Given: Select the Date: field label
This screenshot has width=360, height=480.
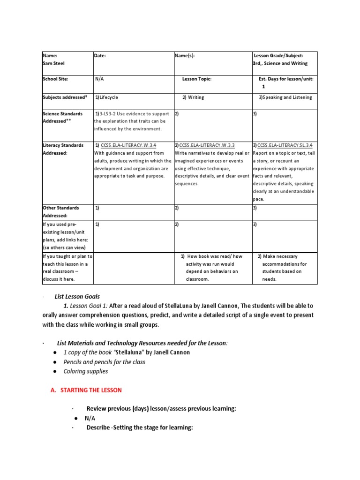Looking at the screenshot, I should [100, 55].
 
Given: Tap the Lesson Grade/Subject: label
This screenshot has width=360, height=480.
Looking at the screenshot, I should [280, 55].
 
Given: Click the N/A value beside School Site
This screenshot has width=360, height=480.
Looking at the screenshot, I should [99, 79].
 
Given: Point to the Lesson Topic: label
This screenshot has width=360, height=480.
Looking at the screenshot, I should [197, 79].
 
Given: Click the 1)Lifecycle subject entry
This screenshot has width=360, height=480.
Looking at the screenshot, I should [106, 97].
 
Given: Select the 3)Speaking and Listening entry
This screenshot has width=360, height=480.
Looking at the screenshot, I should [285, 97].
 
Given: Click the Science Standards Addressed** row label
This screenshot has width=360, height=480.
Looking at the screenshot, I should [62, 117].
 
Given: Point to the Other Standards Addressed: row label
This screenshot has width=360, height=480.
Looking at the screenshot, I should [61, 211].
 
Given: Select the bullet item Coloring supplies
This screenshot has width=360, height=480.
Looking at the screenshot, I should [86, 371].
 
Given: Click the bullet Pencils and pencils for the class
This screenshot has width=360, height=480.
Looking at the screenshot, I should [104, 362].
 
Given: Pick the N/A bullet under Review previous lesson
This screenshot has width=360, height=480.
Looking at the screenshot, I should [90, 418].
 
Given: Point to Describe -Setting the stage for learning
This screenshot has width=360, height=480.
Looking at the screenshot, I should [140, 427].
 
